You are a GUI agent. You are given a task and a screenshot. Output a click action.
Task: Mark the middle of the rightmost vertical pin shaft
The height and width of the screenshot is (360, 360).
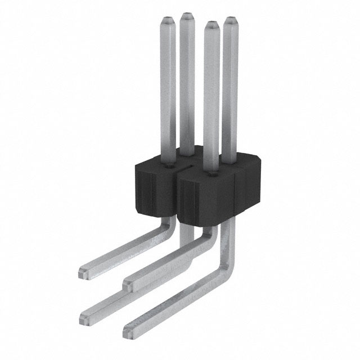point(230,90)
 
